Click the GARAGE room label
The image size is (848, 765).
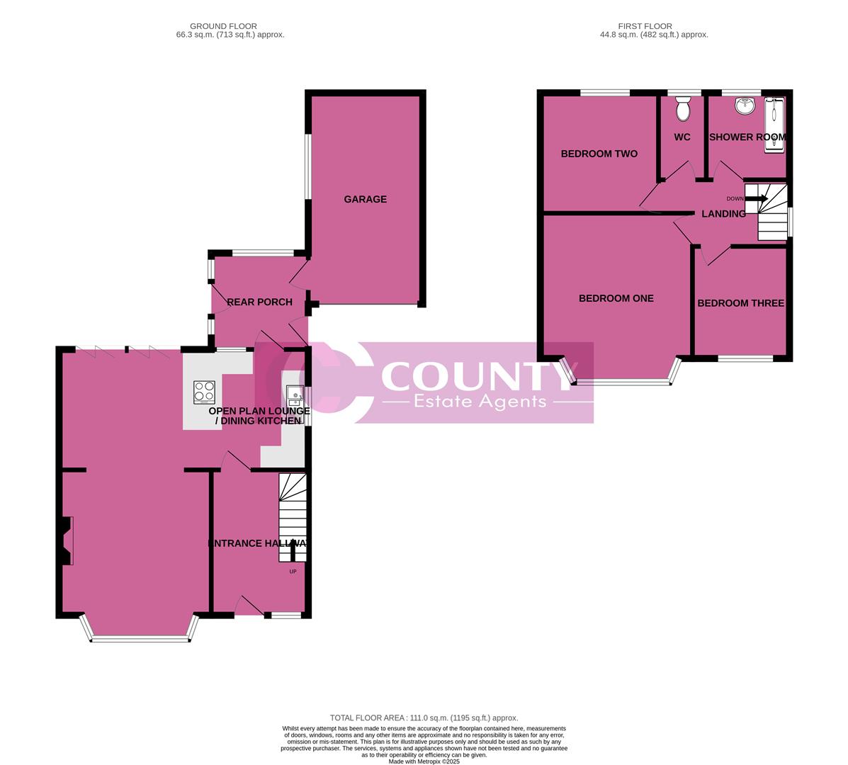click(366, 199)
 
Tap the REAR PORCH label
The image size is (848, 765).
click(259, 302)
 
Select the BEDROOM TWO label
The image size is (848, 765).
click(599, 154)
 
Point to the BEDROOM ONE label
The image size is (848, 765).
click(616, 298)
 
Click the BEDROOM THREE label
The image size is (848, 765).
click(740, 303)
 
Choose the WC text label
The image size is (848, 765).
click(682, 137)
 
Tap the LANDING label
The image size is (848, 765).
click(723, 213)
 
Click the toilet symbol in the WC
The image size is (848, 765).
click(683, 110)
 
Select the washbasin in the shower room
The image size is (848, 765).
click(744, 106)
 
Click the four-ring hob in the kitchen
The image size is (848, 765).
click(205, 392)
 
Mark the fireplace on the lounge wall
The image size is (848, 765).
click(67, 540)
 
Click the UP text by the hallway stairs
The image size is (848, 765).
click(293, 571)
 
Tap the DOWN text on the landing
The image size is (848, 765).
click(735, 198)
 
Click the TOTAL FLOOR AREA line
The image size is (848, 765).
click(424, 718)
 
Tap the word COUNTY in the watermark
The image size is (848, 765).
click(475, 376)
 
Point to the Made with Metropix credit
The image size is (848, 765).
click(424, 761)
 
